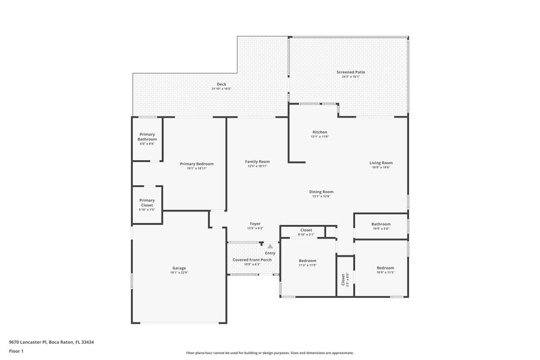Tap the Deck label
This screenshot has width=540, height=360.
221,84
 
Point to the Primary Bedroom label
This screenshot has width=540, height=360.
196,163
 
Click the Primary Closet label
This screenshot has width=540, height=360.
147,203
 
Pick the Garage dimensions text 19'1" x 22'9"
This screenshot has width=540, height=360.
179,272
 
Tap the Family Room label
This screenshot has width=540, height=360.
257,161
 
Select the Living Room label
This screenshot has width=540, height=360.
381,162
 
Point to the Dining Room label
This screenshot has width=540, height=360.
321,191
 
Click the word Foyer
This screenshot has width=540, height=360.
255,224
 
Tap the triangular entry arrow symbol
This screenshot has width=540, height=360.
270,247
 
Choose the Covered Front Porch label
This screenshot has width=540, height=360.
252,259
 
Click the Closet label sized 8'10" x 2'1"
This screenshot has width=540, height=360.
306,230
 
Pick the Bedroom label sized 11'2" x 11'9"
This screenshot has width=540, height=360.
307,260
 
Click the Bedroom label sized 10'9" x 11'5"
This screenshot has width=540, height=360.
385,267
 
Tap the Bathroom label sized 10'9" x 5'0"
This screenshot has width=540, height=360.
381,224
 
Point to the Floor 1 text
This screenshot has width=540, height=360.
16,351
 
